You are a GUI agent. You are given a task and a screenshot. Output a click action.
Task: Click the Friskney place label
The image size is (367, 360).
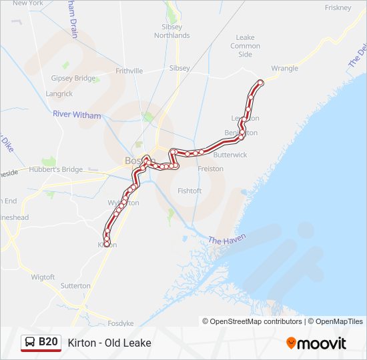click(337, 7)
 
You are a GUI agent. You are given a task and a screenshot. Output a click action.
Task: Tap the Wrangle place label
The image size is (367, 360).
click(285, 68)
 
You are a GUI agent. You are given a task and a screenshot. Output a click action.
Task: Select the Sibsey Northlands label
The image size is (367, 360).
click(171, 31)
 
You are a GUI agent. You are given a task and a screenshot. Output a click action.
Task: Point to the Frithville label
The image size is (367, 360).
click(129, 70)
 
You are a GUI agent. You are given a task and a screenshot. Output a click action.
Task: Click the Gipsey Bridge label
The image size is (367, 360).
click(73, 78)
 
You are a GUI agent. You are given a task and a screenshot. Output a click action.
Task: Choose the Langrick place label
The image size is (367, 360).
click(59, 94)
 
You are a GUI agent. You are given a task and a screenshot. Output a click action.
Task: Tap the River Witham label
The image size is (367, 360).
click(77, 115)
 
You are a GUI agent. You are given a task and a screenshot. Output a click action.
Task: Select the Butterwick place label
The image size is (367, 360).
click(230, 155)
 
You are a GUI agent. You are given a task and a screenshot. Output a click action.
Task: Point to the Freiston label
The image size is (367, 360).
click(211, 169)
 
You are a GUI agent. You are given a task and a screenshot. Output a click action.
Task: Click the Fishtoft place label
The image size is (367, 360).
click(190, 191)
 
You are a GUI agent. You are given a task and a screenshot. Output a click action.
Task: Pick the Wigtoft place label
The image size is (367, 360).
click(43, 276)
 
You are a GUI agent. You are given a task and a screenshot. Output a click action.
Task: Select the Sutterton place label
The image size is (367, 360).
click(75, 285)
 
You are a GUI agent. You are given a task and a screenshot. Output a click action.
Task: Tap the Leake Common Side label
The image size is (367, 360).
click(245, 46)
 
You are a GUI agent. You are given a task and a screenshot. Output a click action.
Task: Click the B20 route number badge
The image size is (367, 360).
click(41, 343)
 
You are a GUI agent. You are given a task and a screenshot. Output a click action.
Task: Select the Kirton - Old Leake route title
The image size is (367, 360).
click(109, 343)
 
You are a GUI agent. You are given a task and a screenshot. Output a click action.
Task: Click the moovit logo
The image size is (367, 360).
click(316, 343)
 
